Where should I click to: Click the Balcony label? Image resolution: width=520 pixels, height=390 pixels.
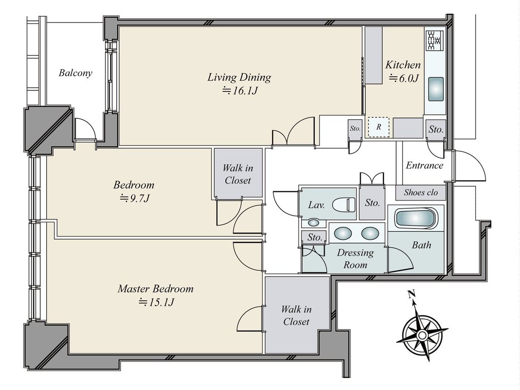coord(75,73)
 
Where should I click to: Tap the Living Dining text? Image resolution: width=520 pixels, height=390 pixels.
coord(239,77)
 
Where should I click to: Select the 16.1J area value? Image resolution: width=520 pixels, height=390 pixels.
coord(240,91)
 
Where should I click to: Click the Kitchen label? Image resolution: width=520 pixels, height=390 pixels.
coord(403,64)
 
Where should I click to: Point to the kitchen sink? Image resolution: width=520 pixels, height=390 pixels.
coord(436,89)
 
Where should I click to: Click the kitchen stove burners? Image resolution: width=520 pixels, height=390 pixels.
coord(435,40)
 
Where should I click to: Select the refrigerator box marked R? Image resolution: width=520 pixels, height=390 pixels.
coord(379,127)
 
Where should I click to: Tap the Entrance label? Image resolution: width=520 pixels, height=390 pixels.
coord(425,165)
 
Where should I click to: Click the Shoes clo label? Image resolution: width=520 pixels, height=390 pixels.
coord(420,192)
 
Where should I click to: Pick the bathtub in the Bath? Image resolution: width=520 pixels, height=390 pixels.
coord(416,218)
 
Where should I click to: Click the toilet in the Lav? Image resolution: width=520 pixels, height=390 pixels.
coord(344,204)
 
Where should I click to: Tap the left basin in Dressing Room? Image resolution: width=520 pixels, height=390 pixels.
coord(343,233)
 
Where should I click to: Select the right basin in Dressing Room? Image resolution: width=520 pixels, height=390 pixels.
coord(370,233)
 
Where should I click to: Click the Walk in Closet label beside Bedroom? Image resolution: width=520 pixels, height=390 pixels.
coord(238,174)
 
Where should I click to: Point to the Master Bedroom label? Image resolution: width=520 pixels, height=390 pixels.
coord(155,288)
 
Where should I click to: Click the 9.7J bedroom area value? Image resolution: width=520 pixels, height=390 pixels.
coord(135,199)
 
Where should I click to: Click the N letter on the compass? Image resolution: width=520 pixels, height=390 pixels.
coord(412,294)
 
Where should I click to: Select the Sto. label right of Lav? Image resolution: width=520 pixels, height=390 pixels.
coord(372,203)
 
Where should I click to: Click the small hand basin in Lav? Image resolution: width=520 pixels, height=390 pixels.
coord(313,222)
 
